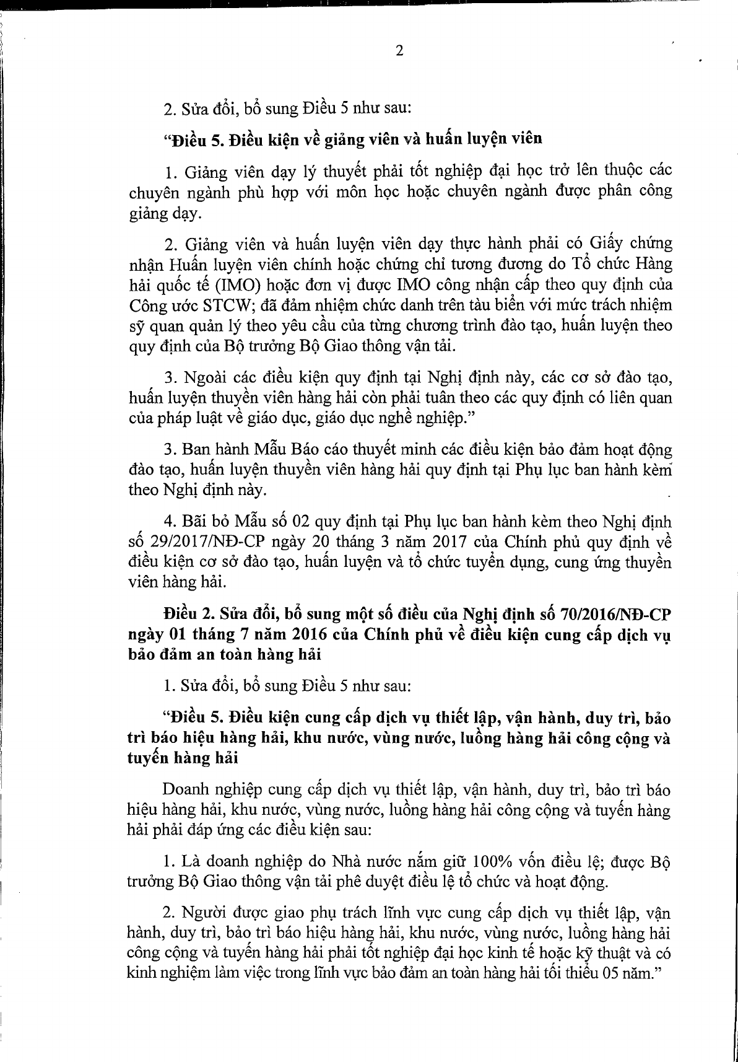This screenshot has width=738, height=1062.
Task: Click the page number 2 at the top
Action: click(x=399, y=52)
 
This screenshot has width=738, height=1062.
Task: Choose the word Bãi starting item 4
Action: click(x=193, y=522)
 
